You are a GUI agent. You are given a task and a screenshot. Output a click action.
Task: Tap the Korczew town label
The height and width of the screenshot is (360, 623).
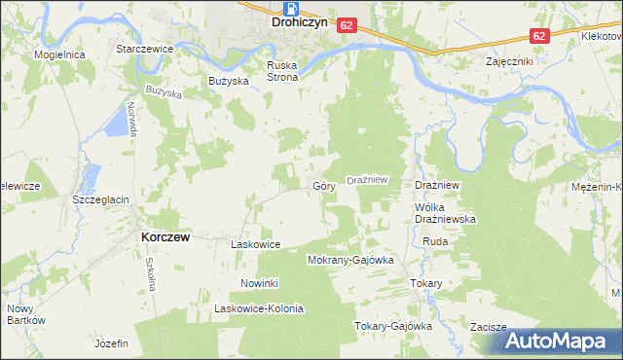coord(164,236)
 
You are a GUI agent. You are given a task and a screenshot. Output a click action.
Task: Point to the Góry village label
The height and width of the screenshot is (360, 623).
coord(323,185)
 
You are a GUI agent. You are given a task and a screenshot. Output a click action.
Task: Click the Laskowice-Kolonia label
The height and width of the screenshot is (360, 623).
coord(260,309)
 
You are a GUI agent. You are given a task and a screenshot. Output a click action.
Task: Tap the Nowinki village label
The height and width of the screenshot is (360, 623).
coord(260,283)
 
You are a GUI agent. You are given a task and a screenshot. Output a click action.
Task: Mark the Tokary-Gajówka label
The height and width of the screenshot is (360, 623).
coord(392,327)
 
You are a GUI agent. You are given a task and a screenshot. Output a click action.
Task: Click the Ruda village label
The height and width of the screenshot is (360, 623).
coord(434,241)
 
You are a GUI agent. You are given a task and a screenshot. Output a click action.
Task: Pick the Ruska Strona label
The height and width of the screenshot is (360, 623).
coord(282,71)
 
